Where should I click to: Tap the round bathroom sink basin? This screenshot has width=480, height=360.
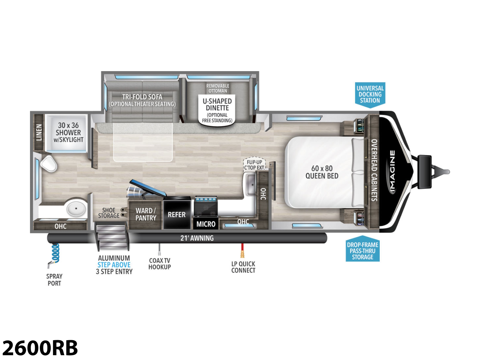click(76, 208)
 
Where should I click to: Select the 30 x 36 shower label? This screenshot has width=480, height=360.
click(68, 133)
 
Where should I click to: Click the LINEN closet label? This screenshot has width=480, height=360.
click(39, 132)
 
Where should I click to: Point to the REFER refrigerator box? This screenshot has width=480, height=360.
click(177, 214)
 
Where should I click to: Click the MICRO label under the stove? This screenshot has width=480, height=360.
click(206, 224)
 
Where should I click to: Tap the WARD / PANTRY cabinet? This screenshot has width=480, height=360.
click(145, 214)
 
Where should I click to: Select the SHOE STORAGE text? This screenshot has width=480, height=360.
click(109, 213)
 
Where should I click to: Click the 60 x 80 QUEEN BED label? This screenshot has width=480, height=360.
click(322, 172)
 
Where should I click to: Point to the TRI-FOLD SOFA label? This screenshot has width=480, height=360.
click(142, 97)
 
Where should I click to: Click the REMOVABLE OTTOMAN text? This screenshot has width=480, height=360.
click(217, 88)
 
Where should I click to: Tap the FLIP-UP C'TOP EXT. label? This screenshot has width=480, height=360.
click(254, 165)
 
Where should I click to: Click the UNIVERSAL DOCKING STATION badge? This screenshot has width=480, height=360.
click(370, 95)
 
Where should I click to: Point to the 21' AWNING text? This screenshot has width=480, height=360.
click(197, 238)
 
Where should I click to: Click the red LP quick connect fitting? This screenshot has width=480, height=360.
click(242, 251)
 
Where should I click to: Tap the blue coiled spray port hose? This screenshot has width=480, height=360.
click(55, 253)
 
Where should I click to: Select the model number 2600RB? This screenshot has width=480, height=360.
click(40, 348)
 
